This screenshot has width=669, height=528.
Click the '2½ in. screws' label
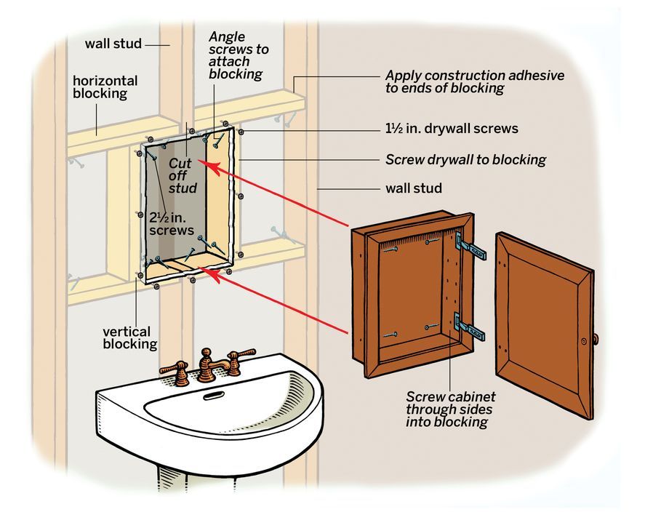[x=172, y=223]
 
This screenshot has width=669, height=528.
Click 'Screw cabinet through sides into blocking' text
[x=451, y=409]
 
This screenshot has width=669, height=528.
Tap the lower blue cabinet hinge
[x=470, y=327]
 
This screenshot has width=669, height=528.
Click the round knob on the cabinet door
[x=595, y=339]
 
